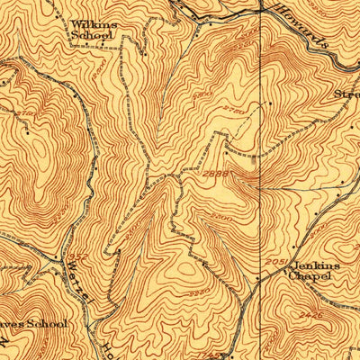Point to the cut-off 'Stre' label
346,93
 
